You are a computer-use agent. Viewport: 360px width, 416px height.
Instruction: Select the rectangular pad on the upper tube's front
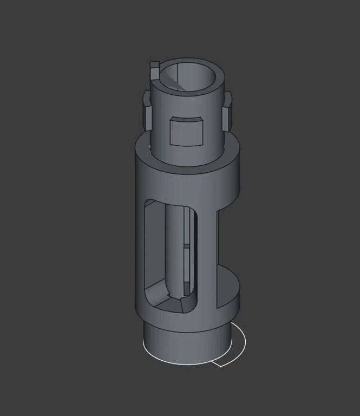[x=186, y=132]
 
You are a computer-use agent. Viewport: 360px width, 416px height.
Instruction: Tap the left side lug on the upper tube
[x=146, y=110]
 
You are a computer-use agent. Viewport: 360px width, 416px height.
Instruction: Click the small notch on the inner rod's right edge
[x=186, y=246]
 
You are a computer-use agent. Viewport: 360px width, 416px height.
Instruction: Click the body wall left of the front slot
[x=140, y=249]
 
